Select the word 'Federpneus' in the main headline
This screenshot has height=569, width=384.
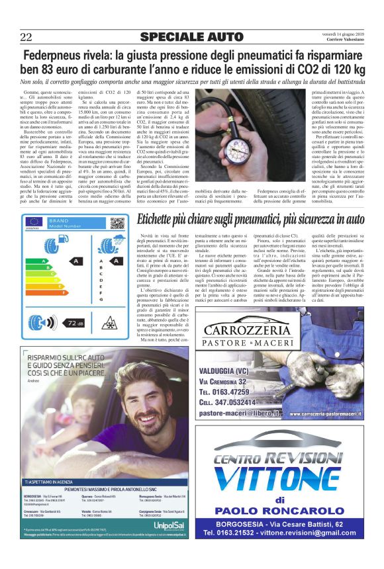(54, 56)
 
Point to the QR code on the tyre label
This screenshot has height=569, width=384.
(117, 223)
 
